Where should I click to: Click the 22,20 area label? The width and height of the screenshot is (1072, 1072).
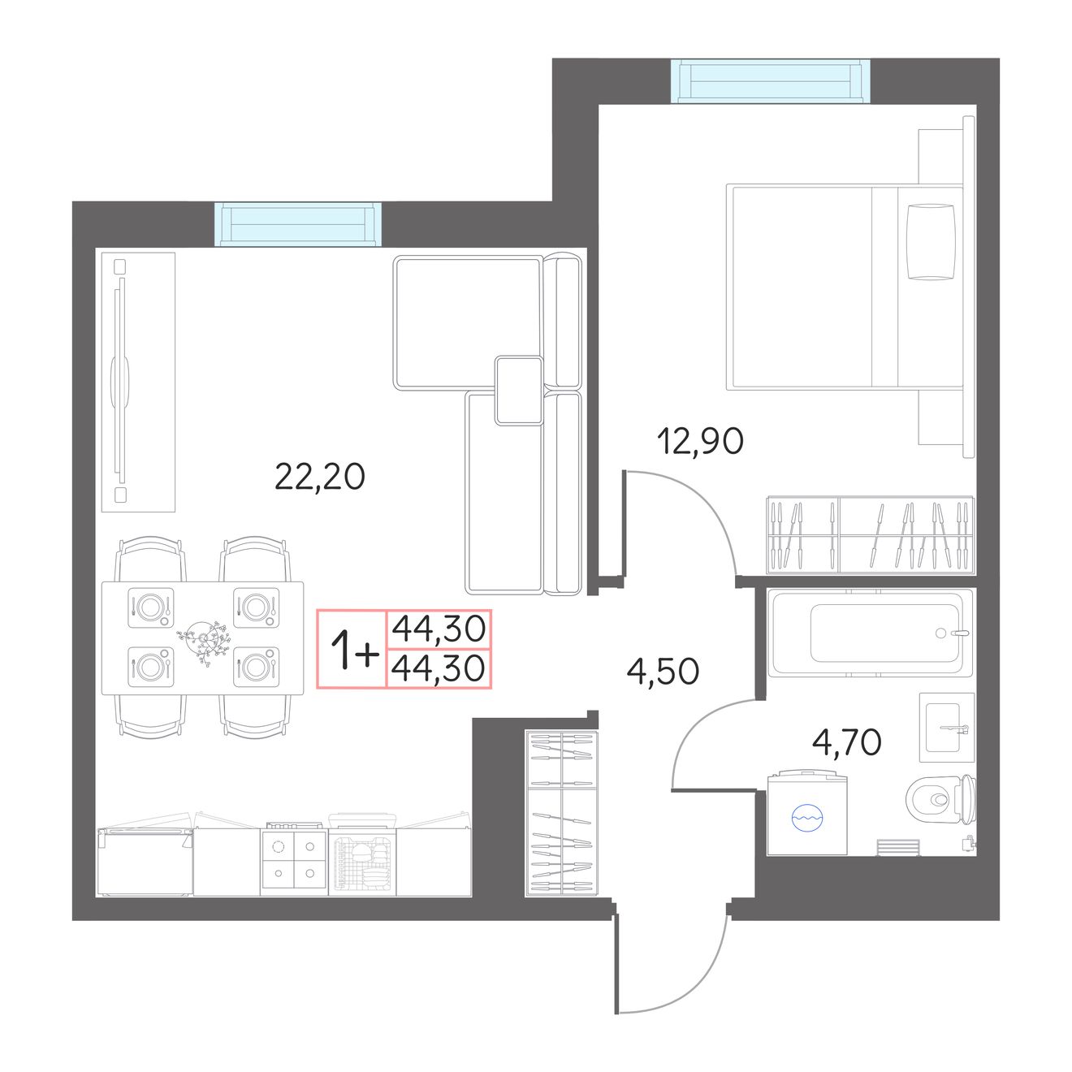pos(320,478)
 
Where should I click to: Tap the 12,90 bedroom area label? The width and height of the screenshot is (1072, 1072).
pos(700,441)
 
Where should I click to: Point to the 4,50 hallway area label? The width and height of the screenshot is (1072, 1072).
pos(663,672)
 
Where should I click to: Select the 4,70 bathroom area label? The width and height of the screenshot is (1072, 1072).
pos(847,742)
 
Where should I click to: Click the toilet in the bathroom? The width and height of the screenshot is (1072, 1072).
pos(940,799)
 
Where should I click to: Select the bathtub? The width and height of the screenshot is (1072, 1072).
pos(870,633)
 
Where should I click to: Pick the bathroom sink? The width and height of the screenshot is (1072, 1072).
pos(947,727)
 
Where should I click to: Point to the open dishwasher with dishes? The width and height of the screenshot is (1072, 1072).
pos(363,855)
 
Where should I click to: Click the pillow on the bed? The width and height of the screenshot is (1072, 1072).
pos(932,241)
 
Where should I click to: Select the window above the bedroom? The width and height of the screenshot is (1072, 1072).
pos(771,81)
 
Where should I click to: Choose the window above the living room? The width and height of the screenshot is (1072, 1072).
pos(300,225)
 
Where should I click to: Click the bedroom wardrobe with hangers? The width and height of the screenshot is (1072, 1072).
pos(871,534)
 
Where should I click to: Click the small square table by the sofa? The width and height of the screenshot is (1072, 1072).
pos(518,391)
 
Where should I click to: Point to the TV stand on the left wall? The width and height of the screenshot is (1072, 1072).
pos(139,383)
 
